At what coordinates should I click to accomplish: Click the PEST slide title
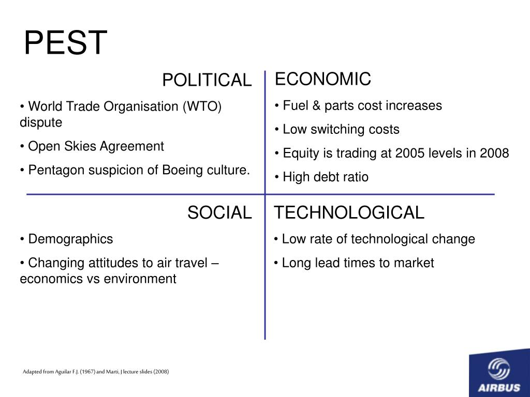(65, 43)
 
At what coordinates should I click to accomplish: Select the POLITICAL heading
(207, 80)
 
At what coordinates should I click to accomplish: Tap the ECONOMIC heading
(322, 79)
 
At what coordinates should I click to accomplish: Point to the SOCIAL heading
(219, 212)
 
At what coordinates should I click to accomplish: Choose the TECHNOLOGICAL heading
(349, 212)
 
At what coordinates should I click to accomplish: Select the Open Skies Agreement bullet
(92, 146)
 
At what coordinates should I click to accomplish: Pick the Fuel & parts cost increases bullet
(358, 106)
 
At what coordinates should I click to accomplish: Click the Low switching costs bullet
(337, 129)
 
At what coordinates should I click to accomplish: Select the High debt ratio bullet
(321, 177)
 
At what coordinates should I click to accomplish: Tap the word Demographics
(70, 239)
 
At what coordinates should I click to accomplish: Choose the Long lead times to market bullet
(354, 263)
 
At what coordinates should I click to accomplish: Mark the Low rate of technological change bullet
(375, 239)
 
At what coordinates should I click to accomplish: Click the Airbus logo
(499, 375)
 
